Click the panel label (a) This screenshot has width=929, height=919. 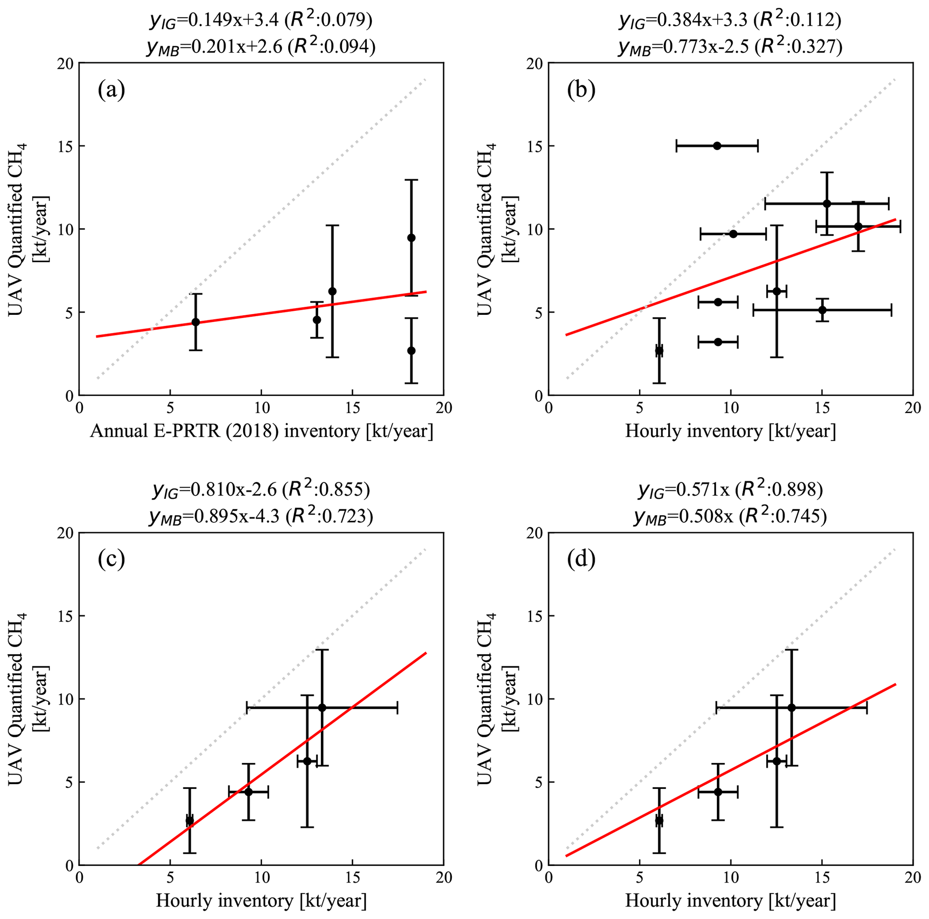(111, 90)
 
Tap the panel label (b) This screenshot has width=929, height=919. (581, 90)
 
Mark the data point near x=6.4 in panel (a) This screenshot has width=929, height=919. (196, 322)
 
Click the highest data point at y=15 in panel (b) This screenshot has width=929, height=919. (717, 146)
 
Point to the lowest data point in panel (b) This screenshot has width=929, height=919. (659, 351)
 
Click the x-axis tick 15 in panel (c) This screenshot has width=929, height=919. (352, 878)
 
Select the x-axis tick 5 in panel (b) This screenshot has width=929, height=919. (640, 408)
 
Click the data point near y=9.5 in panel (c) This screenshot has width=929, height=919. (322, 707)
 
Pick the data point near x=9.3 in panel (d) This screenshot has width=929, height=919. (718, 792)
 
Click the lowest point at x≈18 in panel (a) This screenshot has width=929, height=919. (411, 350)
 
